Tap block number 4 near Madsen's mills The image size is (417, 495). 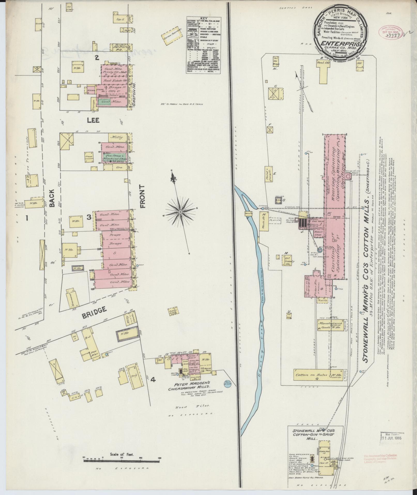[x=153, y=380]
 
